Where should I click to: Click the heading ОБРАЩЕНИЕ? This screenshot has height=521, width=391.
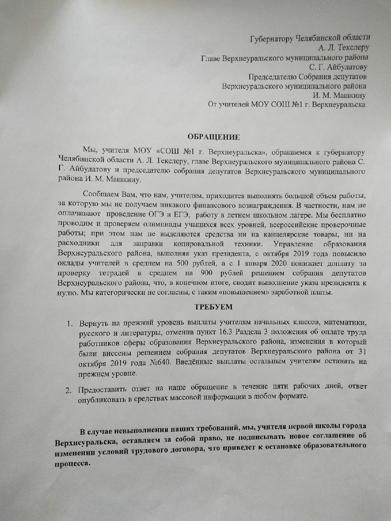pos(214,137)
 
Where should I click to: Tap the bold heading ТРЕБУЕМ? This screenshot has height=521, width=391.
pos(214,307)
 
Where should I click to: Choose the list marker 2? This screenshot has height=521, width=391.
pos(69,391)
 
